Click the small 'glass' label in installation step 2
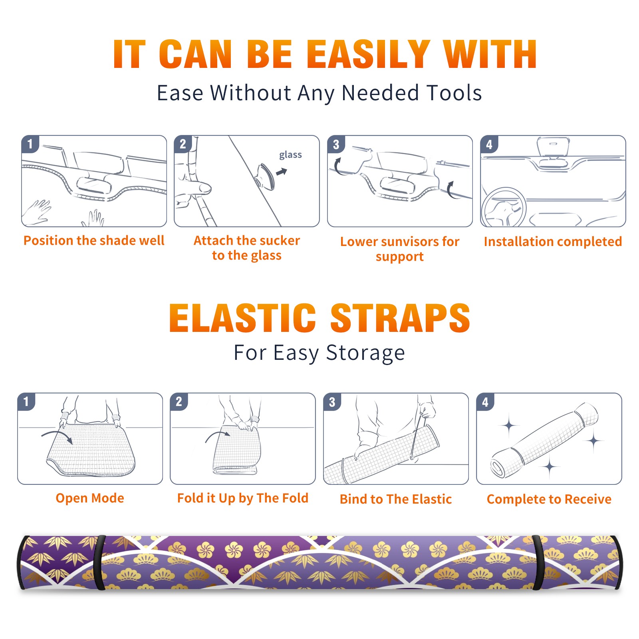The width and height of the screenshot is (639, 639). coord(290,155)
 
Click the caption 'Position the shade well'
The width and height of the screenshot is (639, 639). coord(94,240)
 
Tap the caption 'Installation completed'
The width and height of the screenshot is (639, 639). coord(553,242)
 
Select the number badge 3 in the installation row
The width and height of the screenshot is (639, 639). coord(336,145)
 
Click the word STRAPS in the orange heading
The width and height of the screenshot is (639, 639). coord(400,318)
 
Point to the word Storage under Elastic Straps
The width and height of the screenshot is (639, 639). coord(365,353)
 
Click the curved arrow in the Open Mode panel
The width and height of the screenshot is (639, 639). coord(57,436)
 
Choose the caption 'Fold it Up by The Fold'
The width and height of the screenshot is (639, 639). coord(242,498)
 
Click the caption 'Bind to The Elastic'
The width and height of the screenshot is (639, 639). coord(395,499)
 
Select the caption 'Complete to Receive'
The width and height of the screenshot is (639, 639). coord(549,499)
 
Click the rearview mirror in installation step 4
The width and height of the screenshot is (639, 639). coord(553,147)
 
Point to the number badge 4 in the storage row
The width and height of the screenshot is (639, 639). coord(485,402)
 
